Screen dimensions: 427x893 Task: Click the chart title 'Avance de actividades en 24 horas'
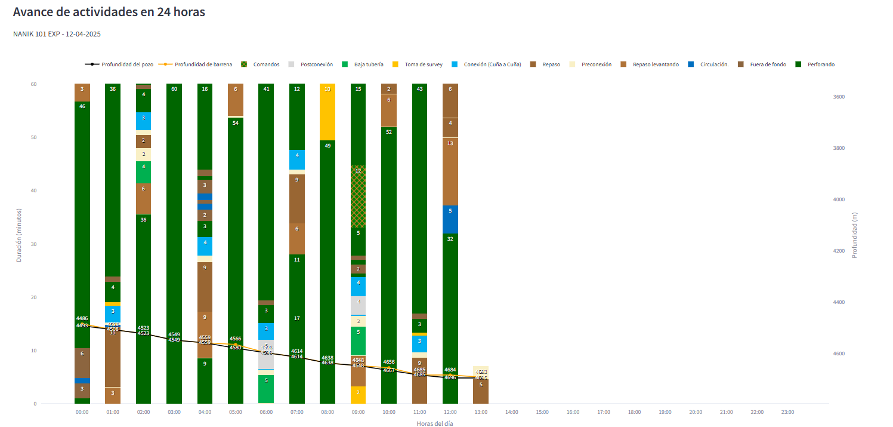point(109,12)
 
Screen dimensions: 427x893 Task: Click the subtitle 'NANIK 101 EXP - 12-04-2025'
point(57,34)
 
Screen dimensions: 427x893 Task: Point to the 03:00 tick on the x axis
point(174,412)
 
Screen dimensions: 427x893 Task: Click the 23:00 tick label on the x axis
point(787,412)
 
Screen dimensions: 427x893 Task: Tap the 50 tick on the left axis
point(33,137)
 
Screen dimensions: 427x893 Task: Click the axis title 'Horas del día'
point(435,423)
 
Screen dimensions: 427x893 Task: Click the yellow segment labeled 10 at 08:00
point(327,112)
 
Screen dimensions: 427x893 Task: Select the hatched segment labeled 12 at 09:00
point(358,196)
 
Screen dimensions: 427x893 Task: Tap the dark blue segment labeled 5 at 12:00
point(450,219)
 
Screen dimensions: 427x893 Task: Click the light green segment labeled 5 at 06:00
point(266,389)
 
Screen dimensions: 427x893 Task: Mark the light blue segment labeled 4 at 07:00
point(297,159)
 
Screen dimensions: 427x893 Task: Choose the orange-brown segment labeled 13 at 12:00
point(450,171)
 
